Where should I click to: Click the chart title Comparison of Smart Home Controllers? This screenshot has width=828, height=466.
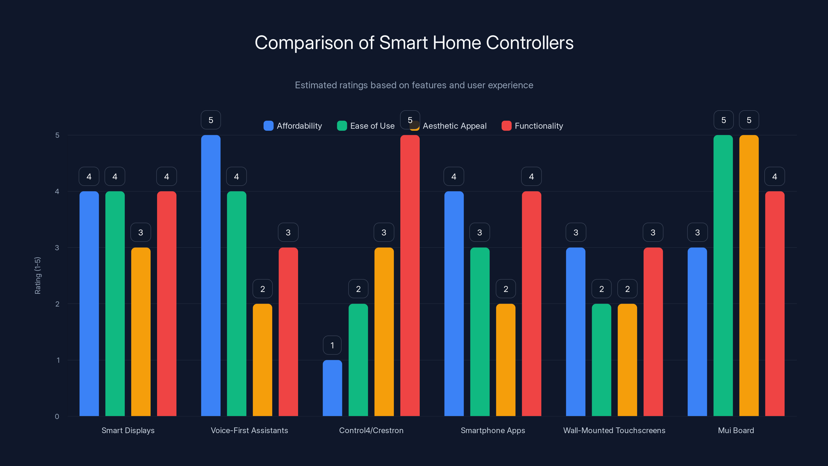[414, 43]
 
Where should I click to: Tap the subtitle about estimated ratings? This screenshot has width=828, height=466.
[414, 85]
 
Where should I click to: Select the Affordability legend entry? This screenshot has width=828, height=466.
[293, 126]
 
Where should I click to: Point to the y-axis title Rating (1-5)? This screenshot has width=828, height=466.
[38, 276]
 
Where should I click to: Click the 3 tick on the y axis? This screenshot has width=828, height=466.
[57, 248]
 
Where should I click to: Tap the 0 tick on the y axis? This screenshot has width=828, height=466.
[57, 417]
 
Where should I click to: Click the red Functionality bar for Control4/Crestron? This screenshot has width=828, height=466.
[410, 276]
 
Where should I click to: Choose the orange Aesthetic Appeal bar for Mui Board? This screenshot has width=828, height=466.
[749, 276]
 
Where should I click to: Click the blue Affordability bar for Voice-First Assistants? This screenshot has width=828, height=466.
[211, 276]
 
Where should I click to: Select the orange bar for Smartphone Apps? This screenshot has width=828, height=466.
[506, 360]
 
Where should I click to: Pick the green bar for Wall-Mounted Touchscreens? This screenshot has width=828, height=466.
[601, 360]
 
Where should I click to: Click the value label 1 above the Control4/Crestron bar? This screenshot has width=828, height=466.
[332, 345]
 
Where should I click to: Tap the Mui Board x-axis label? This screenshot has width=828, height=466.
[736, 430]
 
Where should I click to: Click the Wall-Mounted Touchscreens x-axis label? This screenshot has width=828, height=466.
[614, 430]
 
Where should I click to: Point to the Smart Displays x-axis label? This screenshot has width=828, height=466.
[128, 430]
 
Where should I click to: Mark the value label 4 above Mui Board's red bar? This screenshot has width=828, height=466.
[775, 177]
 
